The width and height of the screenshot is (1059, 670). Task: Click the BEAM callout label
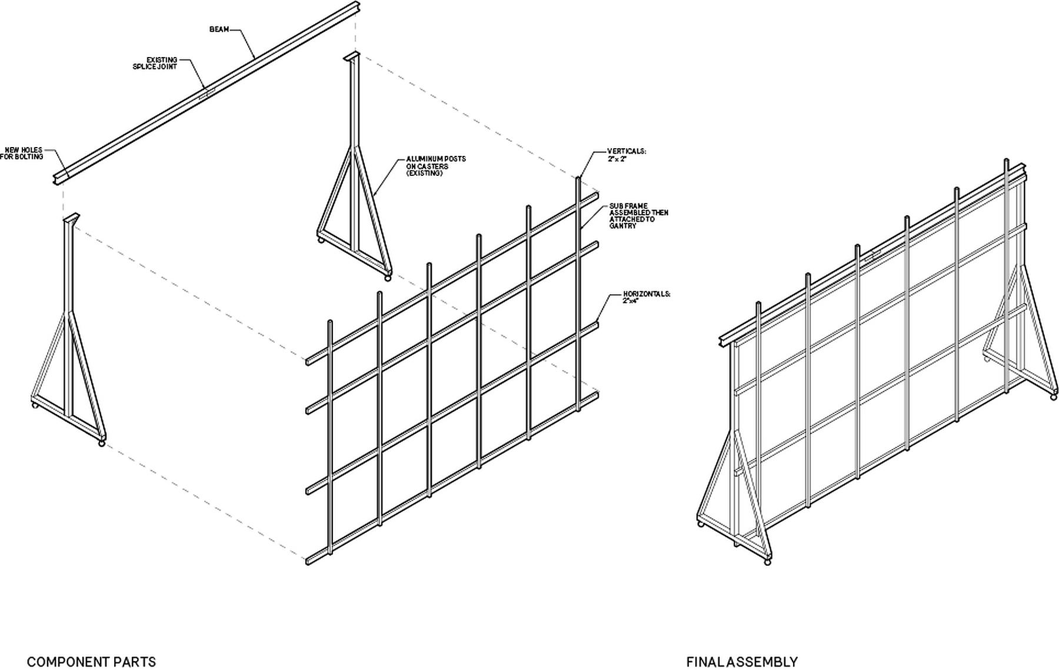219,29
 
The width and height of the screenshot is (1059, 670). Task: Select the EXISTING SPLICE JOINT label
155,63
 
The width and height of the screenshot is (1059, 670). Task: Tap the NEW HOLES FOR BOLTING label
22,154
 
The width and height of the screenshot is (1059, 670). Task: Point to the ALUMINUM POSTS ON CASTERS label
435,166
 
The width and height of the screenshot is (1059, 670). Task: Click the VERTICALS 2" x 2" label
626,155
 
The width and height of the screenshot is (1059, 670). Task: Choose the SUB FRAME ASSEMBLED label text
638,216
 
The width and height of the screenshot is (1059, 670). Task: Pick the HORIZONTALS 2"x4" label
646,297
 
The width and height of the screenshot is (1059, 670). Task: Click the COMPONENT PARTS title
91,662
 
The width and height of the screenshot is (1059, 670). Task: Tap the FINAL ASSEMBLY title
741,662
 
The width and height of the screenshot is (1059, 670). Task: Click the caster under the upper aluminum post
387,278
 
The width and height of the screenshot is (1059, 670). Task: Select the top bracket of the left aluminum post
71,218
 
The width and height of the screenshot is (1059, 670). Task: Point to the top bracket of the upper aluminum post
352,56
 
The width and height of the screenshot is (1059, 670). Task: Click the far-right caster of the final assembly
1053,398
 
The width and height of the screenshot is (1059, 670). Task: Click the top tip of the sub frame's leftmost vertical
330,322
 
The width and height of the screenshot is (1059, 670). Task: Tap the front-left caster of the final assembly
767,562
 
